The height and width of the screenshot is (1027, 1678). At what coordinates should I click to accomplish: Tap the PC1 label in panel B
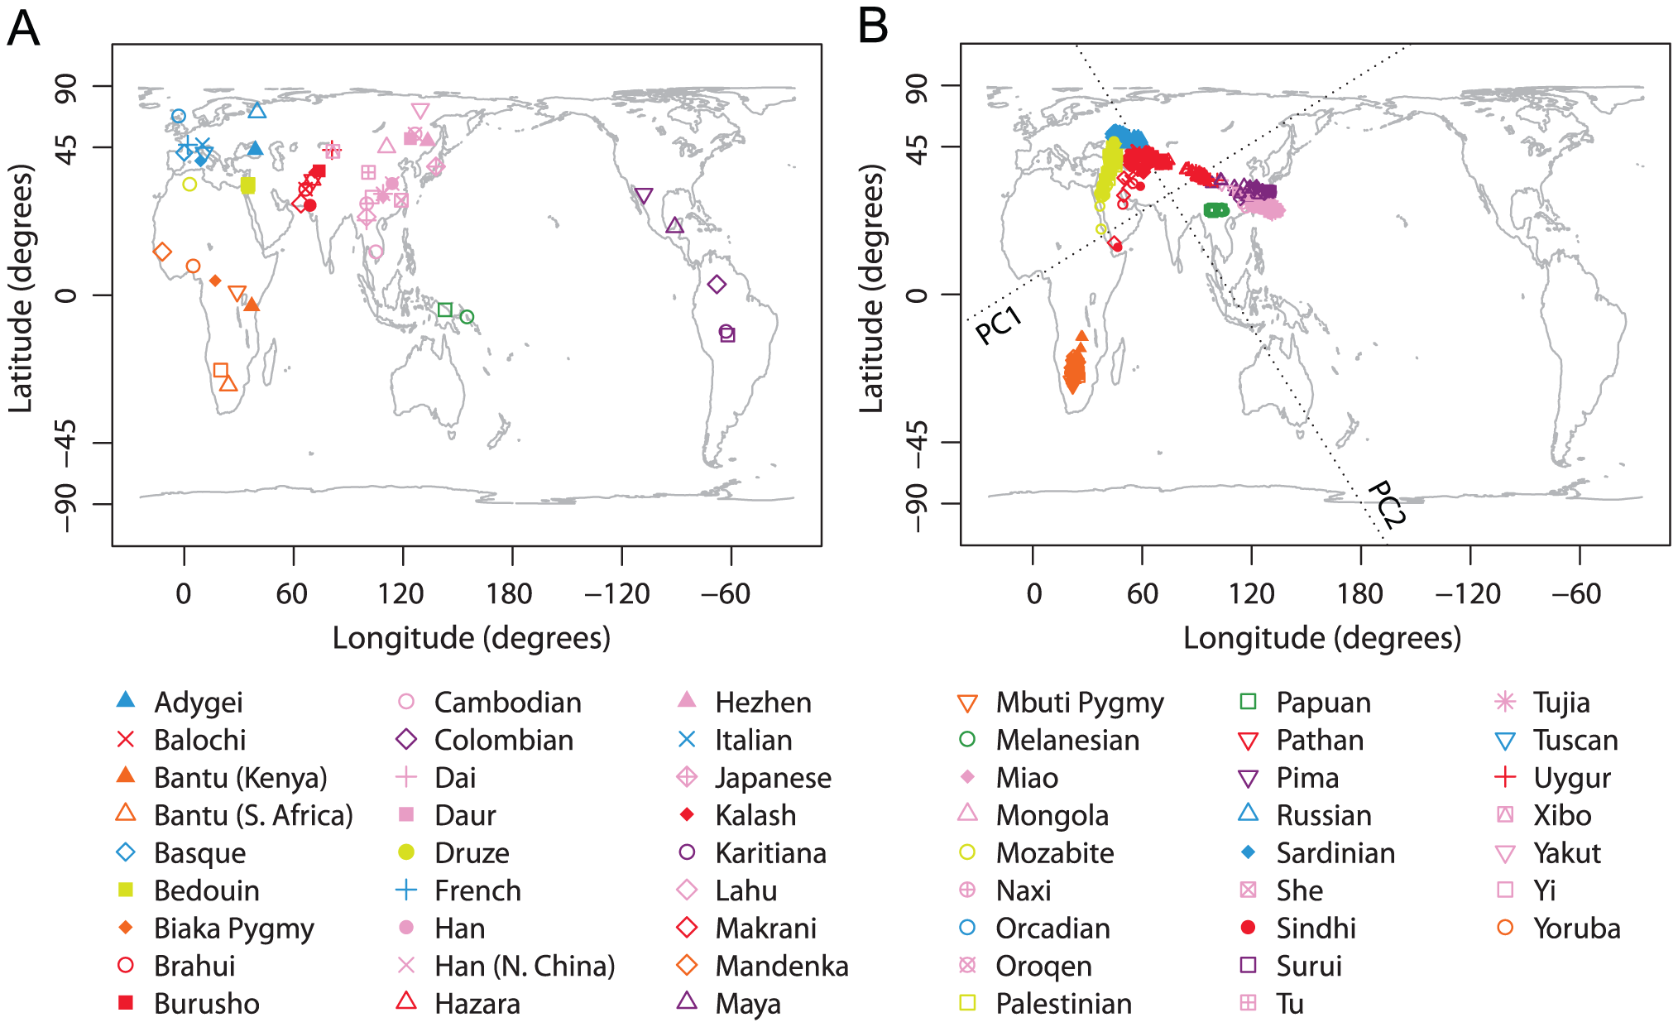[x=999, y=325]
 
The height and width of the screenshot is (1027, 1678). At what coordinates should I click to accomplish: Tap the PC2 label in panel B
[x=1386, y=503]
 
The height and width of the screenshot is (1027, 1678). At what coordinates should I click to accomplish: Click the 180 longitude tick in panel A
[x=510, y=593]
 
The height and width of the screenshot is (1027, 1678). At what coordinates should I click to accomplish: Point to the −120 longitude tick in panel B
[x=1468, y=593]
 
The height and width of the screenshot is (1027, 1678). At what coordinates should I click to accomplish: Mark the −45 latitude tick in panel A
[x=66, y=443]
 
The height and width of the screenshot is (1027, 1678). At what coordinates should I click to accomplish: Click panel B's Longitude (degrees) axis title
[x=1321, y=638]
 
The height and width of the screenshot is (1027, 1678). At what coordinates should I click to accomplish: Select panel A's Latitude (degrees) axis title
[x=21, y=288]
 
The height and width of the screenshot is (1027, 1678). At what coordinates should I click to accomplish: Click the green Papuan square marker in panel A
[x=445, y=310]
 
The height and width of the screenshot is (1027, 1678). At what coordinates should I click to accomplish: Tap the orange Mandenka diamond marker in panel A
[x=162, y=252]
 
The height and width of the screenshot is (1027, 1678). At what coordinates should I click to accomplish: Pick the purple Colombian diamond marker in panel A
[x=717, y=285]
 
